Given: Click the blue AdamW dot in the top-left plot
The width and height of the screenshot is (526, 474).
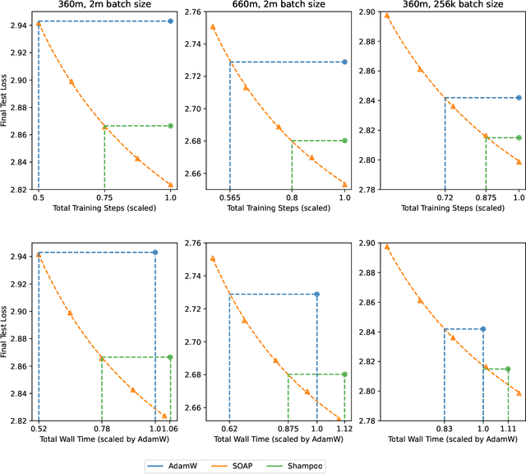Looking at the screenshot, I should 170,21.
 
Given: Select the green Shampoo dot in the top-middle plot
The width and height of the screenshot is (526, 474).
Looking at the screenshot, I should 344,141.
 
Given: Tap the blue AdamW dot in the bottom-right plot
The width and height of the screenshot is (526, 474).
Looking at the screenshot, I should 482,329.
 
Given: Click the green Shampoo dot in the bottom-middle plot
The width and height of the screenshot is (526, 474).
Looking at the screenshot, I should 344,374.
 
